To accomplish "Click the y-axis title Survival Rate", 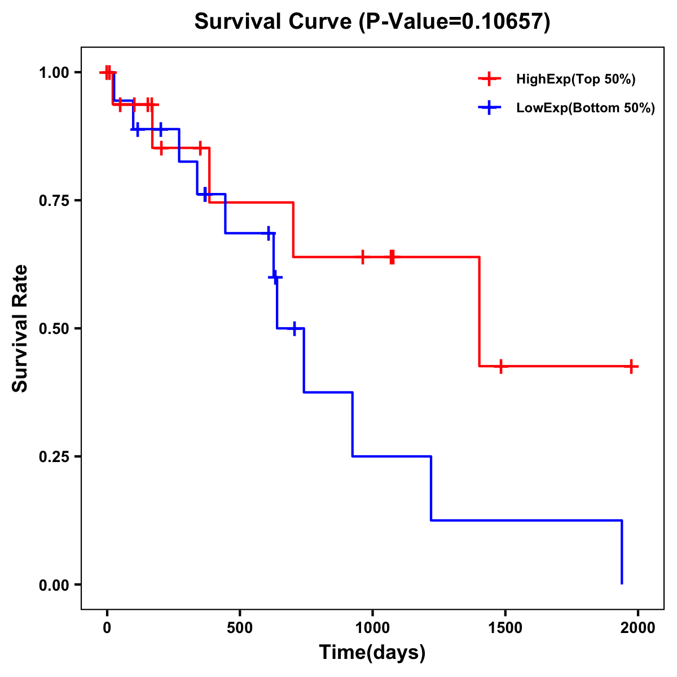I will [x=20, y=328].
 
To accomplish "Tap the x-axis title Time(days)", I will [x=372, y=652].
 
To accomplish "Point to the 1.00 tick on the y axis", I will [x=55, y=72].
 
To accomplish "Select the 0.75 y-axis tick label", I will [x=55, y=200].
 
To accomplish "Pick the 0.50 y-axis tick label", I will [x=55, y=328].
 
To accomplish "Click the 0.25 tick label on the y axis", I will [x=55, y=456].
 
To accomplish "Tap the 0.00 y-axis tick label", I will [x=55, y=584].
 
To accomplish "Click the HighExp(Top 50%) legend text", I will [x=575, y=80].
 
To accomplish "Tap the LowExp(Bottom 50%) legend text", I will [x=585, y=108].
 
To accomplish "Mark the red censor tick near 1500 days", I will [x=500, y=366].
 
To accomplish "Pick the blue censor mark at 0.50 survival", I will [x=294, y=328].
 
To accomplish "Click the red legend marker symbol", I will [x=490, y=79].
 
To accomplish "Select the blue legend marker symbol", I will [x=490, y=108].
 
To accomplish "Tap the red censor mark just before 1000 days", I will [x=362, y=257].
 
